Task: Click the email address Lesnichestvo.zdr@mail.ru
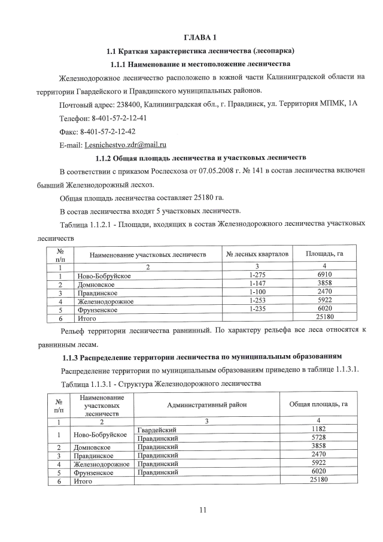[126, 144]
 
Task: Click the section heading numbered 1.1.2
[200, 158]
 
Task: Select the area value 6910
[324, 274]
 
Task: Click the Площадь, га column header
[324, 255]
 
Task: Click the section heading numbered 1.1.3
[202, 358]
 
